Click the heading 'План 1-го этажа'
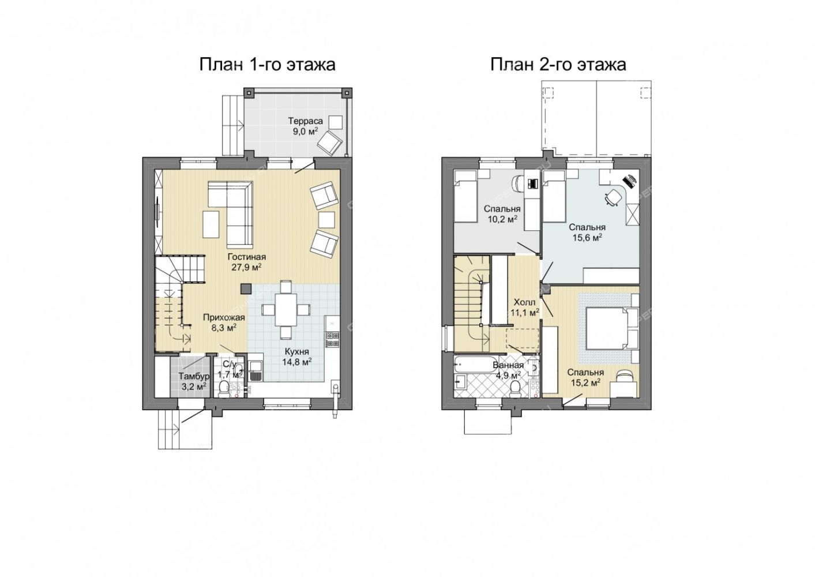(267, 65)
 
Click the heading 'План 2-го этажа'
(558, 65)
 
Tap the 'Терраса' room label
(306, 121)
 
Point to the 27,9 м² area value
(247, 268)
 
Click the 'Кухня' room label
(296, 351)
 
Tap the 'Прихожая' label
(224, 317)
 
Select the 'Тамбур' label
(194, 376)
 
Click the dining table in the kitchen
(286, 310)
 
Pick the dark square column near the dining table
(246, 288)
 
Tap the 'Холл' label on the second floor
(524, 302)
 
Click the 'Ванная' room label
(508, 365)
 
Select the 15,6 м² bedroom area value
(587, 238)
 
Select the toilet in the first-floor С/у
(224, 389)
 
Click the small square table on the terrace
(335, 122)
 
